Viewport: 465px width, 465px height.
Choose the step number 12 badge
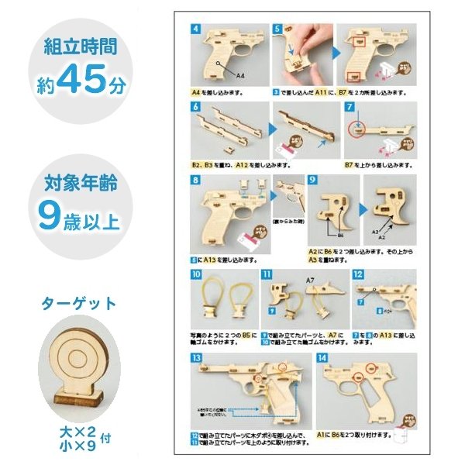point(358,274)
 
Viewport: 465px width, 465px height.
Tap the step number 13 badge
point(197,358)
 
